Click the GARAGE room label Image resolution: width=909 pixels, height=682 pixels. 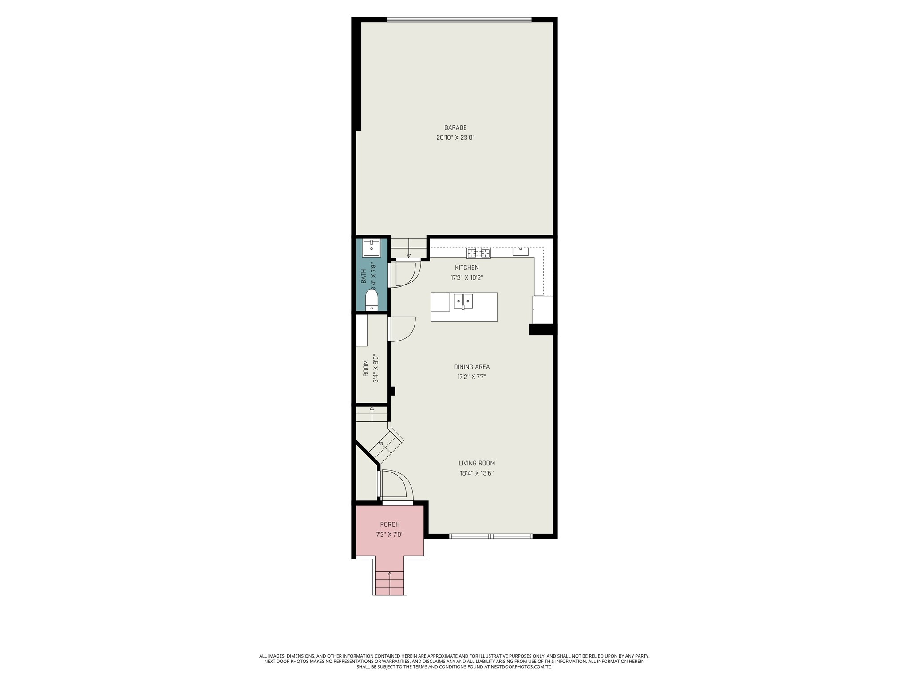pyautogui.click(x=455, y=128)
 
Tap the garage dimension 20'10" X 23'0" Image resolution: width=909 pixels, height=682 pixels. pyautogui.click(x=455, y=138)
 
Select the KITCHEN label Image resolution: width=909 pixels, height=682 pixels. pyautogui.click(x=466, y=267)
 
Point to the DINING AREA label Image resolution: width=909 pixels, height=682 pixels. pyautogui.click(x=471, y=367)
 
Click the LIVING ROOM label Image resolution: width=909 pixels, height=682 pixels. pyautogui.click(x=477, y=463)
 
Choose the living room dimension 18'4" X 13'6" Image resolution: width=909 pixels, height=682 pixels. pyautogui.click(x=477, y=473)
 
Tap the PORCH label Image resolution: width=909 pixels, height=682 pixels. pyautogui.click(x=390, y=524)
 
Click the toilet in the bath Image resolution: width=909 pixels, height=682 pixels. pyautogui.click(x=372, y=300)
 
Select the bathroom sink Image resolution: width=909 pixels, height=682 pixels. pyautogui.click(x=371, y=248)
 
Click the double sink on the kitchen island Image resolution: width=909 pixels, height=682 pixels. pyautogui.click(x=463, y=301)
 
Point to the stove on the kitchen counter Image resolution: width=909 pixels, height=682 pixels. pyautogui.click(x=478, y=253)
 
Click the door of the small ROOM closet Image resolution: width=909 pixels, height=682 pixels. pyautogui.click(x=402, y=329)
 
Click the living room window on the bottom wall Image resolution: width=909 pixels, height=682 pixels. pyautogui.click(x=490, y=536)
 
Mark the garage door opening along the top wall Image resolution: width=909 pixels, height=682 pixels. pyautogui.click(x=459, y=20)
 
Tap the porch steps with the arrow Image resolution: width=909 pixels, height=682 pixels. pyautogui.click(x=390, y=583)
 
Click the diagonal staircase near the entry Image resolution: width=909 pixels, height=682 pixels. pyautogui.click(x=385, y=447)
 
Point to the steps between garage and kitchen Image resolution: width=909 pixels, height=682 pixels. pyautogui.click(x=408, y=248)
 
